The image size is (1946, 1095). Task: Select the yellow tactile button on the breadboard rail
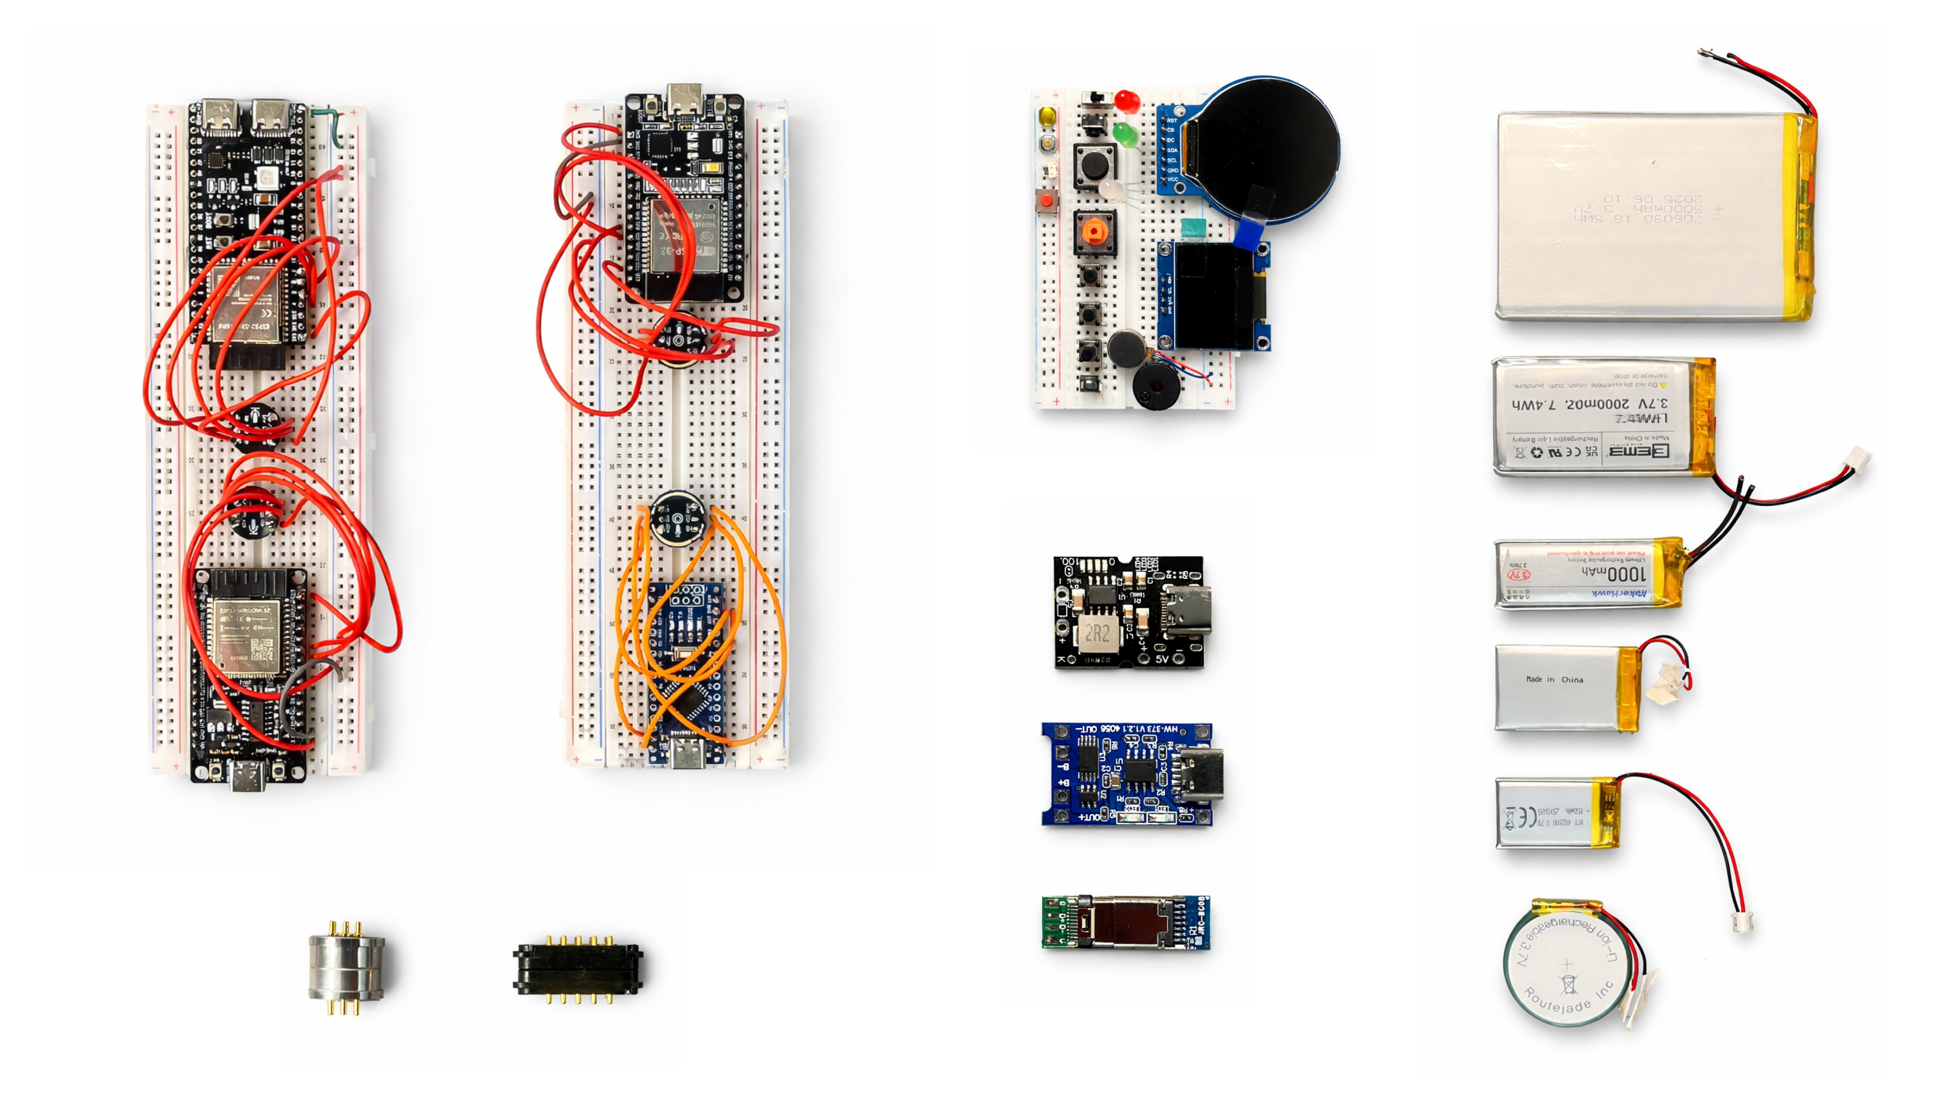coord(1048,117)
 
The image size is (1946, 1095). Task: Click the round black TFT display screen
coord(1269,148)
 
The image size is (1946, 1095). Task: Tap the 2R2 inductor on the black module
coord(1096,633)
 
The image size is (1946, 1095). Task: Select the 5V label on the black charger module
coord(1162,659)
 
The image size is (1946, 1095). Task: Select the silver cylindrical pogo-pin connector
coord(347,967)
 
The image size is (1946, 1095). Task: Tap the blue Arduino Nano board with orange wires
coord(688,665)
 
